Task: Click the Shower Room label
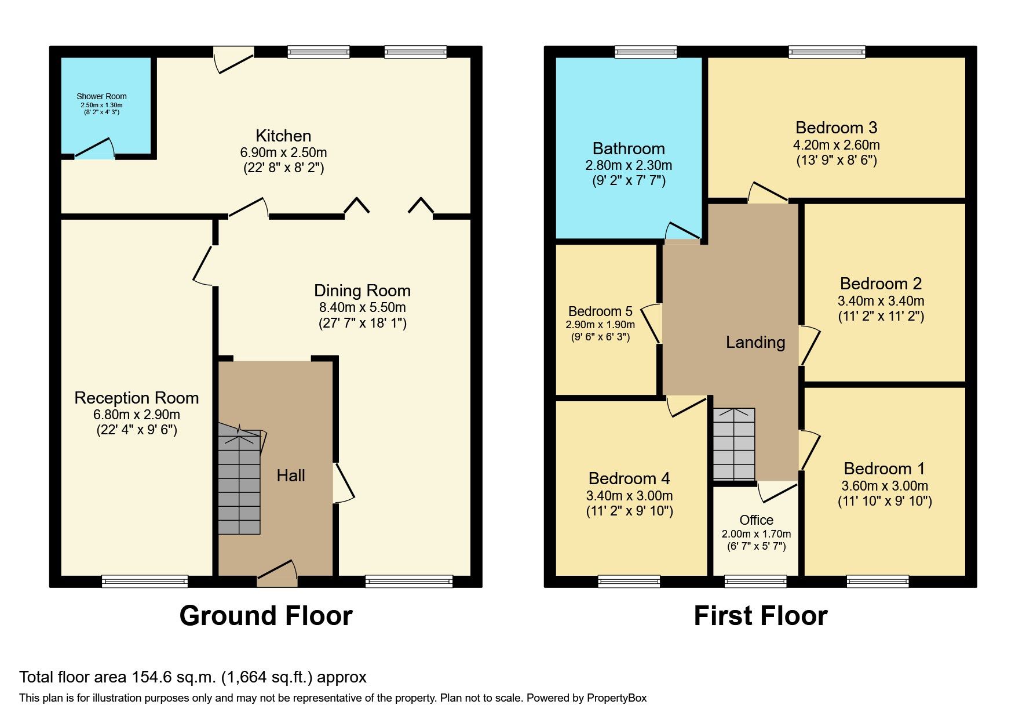pos(101,96)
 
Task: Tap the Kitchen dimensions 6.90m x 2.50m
pos(283,152)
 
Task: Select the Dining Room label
pos(362,290)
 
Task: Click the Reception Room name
pos(137,398)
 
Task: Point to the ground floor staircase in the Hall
pos(239,481)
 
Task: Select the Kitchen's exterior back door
pos(234,60)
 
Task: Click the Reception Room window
pos(145,580)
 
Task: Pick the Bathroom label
pos(629,148)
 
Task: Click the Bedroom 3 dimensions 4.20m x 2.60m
pos(836,145)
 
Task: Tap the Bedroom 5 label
pos(600,311)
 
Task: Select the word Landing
pos(755,342)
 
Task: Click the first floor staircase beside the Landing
pos(733,444)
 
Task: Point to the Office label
pos(756,520)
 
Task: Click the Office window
pos(755,580)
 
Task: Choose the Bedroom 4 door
pos(687,406)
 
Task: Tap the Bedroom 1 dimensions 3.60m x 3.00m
pos(885,486)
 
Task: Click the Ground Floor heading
pos(266,615)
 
